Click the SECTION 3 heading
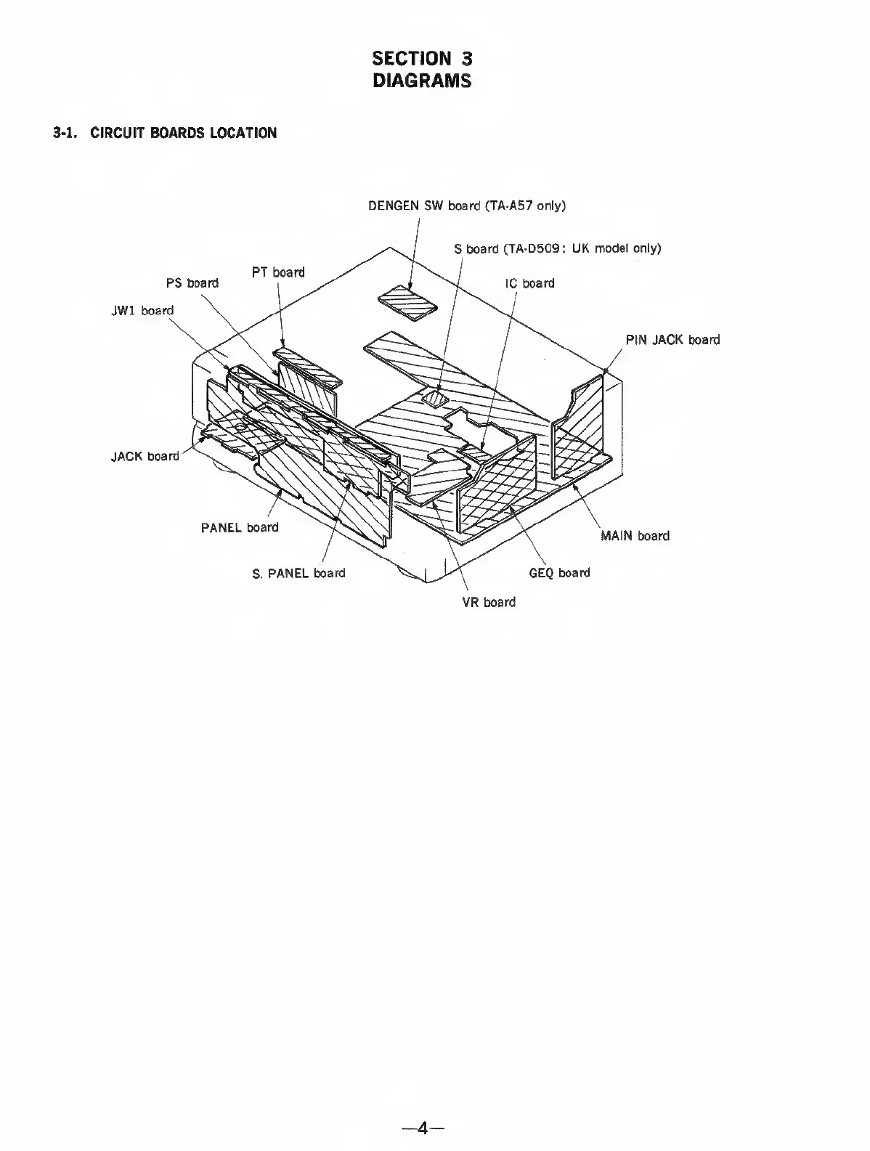[x=422, y=57]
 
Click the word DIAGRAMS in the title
[x=422, y=81]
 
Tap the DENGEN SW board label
[x=466, y=206]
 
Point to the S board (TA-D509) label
[x=557, y=248]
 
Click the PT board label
[x=278, y=272]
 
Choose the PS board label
[x=192, y=282]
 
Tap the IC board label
[x=529, y=283]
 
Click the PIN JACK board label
[x=672, y=339]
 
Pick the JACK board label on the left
[x=145, y=456]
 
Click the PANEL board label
[x=240, y=527]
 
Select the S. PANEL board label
[x=298, y=573]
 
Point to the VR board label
[x=489, y=602]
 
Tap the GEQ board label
[x=559, y=573]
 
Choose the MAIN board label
[x=635, y=536]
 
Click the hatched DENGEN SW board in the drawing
[x=409, y=301]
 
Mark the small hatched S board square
[x=436, y=398]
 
